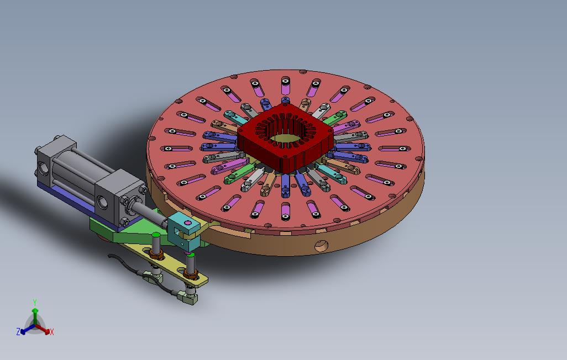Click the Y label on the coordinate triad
click(35, 302)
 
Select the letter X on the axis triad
click(52, 331)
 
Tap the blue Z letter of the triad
click(18, 331)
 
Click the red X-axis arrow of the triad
click(43, 329)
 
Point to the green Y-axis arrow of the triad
click(35, 316)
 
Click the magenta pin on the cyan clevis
click(187, 223)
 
